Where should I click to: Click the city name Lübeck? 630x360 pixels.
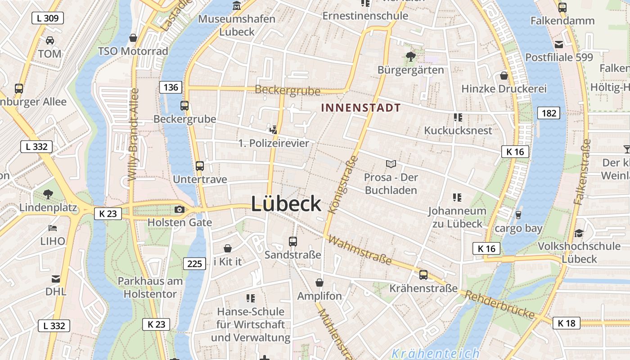tap(286, 204)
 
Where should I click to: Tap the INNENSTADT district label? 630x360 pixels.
tap(361, 108)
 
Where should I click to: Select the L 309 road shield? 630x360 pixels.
tap(48, 18)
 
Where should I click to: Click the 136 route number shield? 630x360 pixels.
tap(171, 87)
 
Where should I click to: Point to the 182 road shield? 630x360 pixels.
tap(549, 113)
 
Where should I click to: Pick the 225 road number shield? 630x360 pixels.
tap(194, 263)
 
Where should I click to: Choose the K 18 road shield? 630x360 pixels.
tap(567, 323)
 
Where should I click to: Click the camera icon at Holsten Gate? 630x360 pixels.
tap(179, 209)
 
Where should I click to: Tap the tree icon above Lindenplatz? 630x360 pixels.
tap(48, 195)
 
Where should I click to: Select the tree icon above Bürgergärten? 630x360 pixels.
tap(410, 57)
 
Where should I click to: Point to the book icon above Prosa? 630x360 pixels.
tap(391, 164)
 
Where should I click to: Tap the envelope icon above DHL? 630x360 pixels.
tap(56, 279)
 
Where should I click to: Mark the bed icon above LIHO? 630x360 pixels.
tap(53, 228)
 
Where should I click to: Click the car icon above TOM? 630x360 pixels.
tap(50, 40)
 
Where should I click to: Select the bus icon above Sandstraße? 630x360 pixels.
tap(293, 242)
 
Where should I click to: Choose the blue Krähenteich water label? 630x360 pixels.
tap(435, 354)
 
